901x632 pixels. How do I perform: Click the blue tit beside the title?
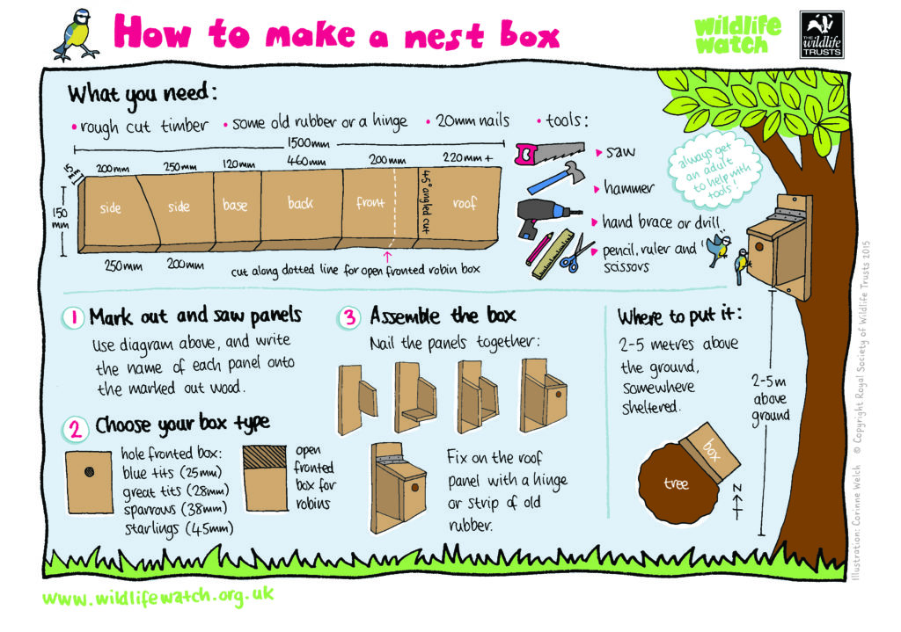[76, 34]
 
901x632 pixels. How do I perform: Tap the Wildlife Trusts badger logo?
[822, 34]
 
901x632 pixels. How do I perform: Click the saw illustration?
[550, 152]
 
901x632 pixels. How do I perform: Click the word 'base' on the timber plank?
[235, 204]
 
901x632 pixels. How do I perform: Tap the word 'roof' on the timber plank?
[465, 203]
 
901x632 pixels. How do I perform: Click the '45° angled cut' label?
[426, 202]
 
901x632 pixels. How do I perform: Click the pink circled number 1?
[73, 317]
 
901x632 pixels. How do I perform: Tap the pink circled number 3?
[349, 316]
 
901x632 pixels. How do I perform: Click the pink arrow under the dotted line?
[388, 257]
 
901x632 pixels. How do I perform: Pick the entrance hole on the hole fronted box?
[89, 472]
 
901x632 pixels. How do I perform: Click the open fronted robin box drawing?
[265, 478]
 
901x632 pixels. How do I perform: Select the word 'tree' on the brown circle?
[676, 484]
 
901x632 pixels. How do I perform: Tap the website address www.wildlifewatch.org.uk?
[158, 598]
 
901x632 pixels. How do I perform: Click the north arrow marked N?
[738, 501]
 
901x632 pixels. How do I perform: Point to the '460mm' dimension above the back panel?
[306, 161]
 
